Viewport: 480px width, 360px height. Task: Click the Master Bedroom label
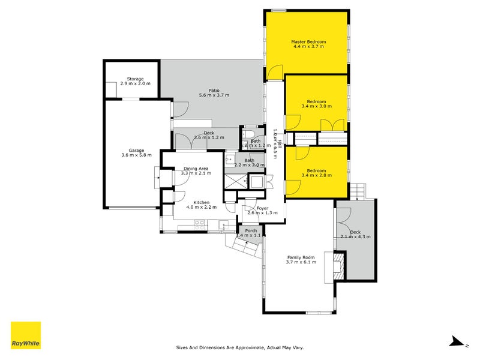(308, 41)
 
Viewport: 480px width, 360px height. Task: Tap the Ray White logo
(26, 336)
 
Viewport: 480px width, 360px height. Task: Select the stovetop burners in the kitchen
(200, 223)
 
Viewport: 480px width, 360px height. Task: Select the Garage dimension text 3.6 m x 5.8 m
(136, 155)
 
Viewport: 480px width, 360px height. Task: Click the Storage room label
(135, 79)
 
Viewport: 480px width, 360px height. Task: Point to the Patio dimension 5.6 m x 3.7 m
(214, 95)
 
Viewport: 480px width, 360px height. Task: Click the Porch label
(251, 230)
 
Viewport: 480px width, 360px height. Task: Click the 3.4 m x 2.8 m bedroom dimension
(316, 175)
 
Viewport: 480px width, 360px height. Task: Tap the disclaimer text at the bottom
(244, 347)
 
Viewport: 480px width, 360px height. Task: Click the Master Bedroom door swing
(274, 73)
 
